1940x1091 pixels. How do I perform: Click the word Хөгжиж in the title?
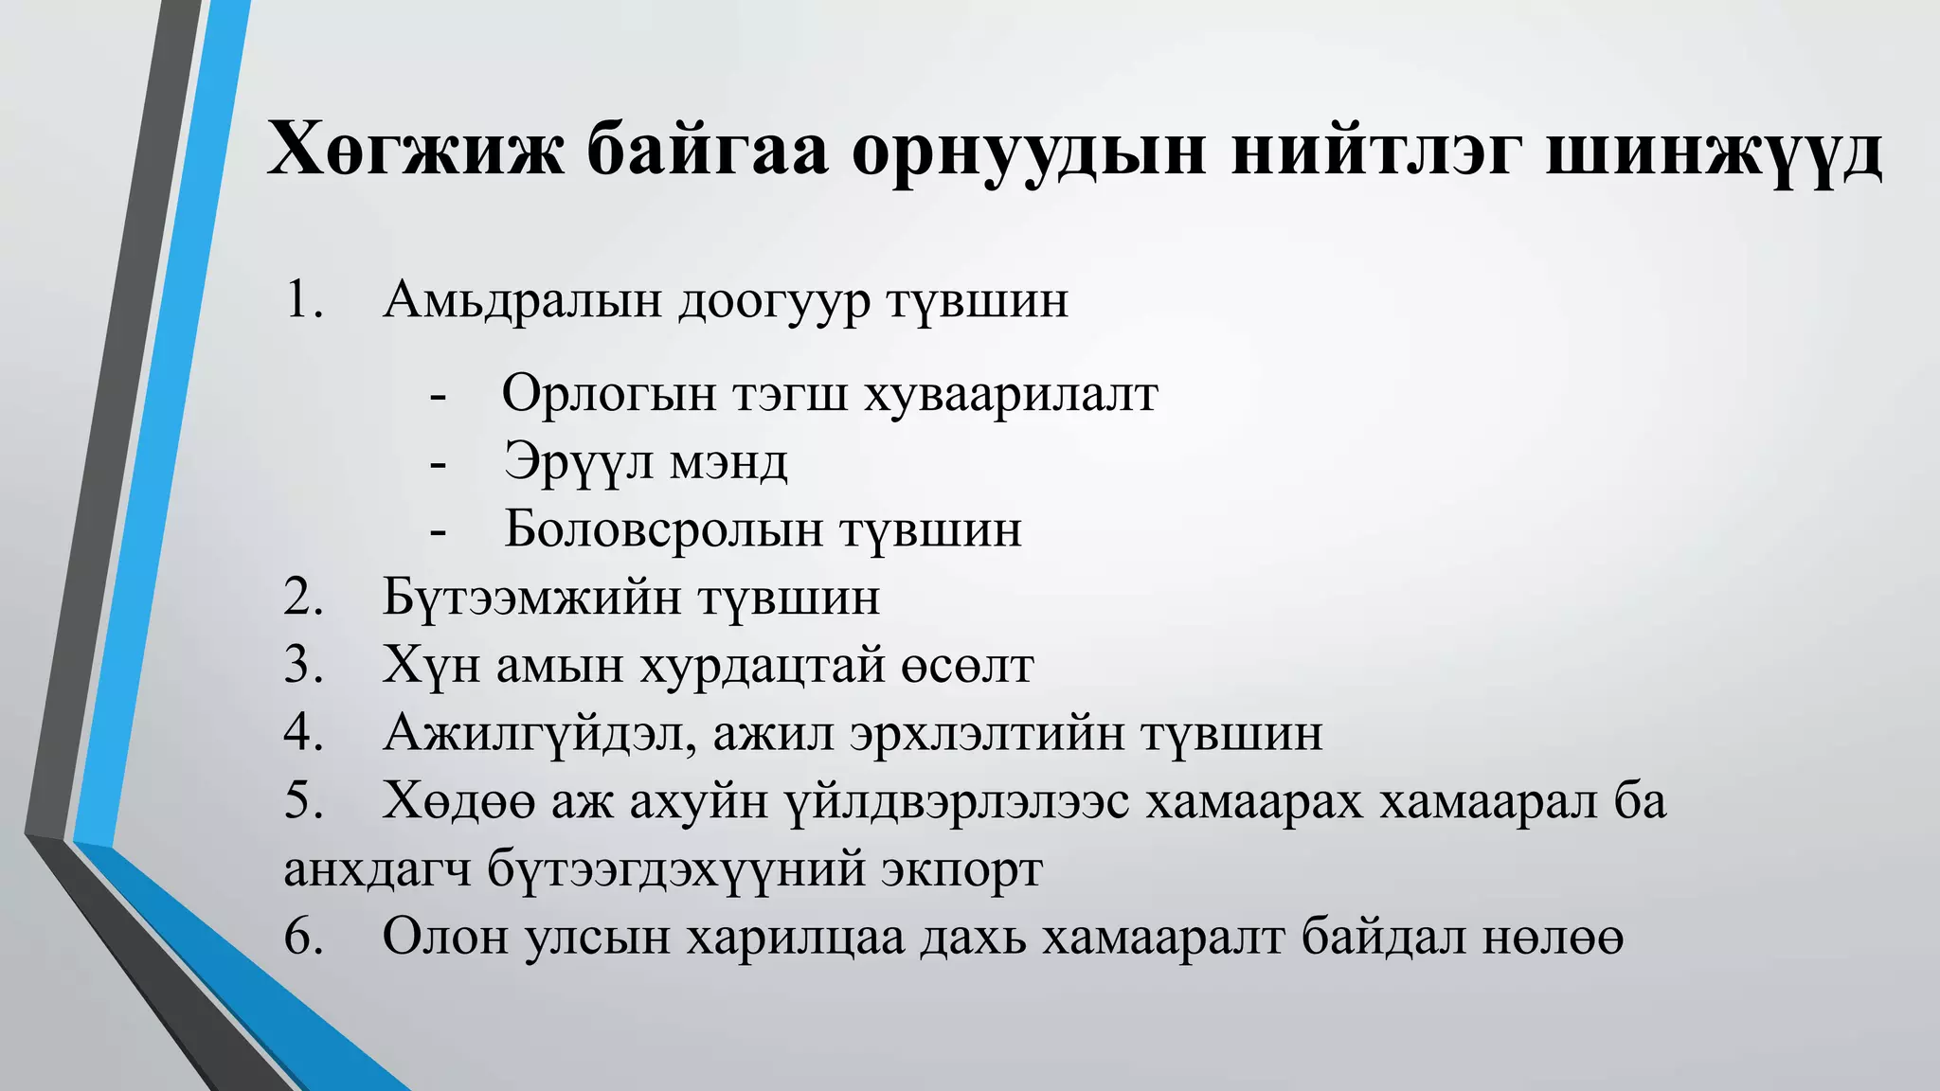coord(415,151)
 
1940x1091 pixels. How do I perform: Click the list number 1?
coord(303,300)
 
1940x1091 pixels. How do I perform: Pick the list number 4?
coord(303,733)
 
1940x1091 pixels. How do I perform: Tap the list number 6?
coord(303,937)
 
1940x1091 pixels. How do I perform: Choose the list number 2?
coord(303,598)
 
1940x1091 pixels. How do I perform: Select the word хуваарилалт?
coord(1011,395)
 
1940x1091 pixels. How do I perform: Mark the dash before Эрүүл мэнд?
coord(438,464)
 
